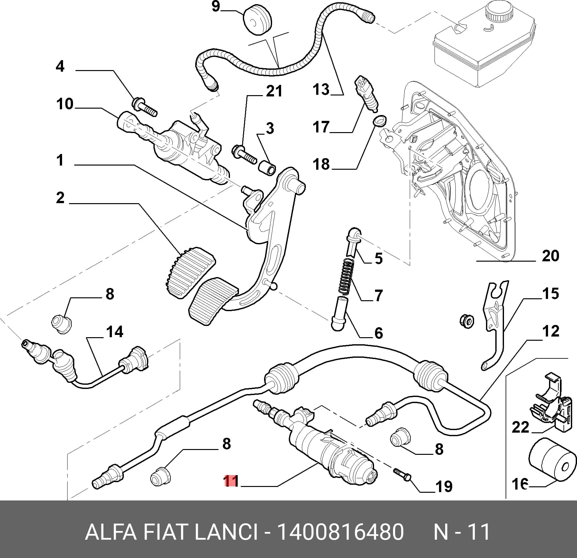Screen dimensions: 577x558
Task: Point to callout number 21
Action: (x=274, y=91)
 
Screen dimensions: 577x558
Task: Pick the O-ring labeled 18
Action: (x=380, y=121)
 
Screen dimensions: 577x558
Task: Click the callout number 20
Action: (x=550, y=256)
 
